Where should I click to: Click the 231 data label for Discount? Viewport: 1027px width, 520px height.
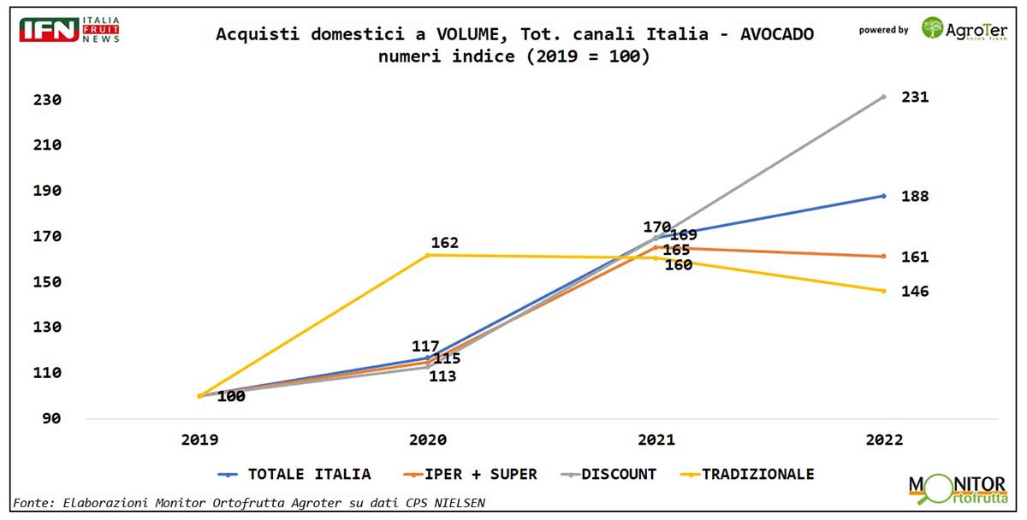tap(914, 97)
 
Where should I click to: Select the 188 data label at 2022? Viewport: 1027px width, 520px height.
tap(914, 197)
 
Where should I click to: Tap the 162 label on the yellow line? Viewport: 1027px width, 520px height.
tap(444, 243)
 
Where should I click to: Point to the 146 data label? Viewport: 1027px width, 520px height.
tap(914, 292)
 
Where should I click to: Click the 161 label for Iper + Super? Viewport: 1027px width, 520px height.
tap(914, 257)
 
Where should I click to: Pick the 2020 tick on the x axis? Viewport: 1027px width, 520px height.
tap(427, 440)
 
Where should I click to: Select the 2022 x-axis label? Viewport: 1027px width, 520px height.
tap(883, 440)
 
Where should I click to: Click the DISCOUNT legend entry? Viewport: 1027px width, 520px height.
tap(619, 474)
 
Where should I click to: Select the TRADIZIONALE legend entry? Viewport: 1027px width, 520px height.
tap(757, 474)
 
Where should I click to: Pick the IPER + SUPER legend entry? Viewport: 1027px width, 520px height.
tap(482, 474)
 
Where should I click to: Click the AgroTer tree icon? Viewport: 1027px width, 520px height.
tap(932, 27)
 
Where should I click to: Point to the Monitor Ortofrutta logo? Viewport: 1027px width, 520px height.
tap(957, 489)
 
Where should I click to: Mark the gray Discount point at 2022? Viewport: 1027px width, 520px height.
tap(883, 97)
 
